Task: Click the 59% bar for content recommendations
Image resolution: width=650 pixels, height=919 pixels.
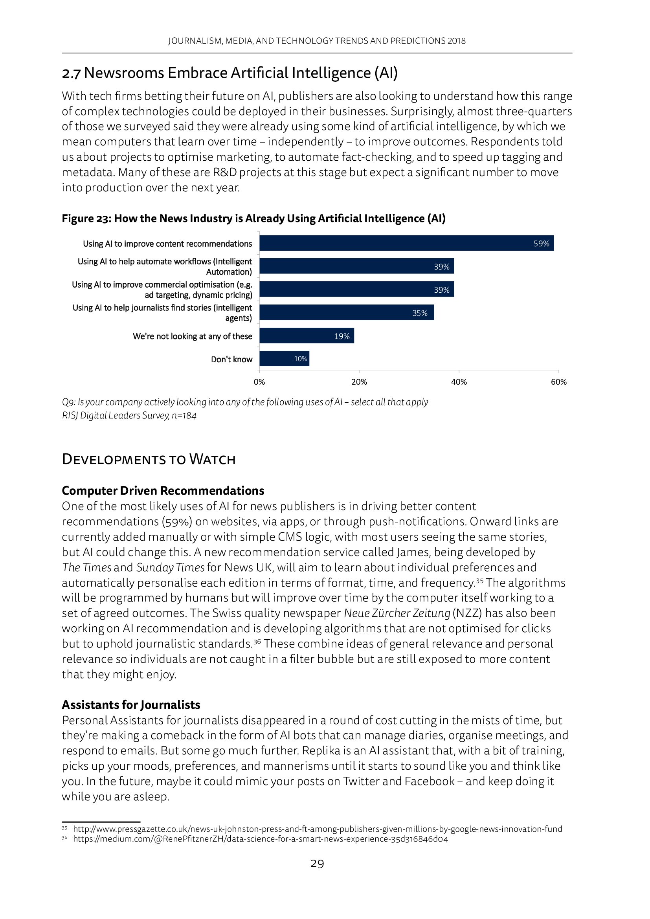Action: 406,243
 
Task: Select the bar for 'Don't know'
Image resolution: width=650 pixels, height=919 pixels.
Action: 284,359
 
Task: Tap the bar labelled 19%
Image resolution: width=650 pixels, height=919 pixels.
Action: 307,336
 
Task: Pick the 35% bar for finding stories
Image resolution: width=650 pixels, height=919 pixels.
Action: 347,312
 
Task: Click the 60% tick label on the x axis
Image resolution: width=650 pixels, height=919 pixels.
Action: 558,382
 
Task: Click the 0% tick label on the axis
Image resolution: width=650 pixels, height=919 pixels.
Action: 259,382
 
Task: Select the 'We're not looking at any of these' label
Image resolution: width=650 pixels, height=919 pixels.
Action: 193,336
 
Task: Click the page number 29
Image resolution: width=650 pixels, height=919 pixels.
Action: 317,864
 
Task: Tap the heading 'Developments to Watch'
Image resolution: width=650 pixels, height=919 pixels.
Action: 149,459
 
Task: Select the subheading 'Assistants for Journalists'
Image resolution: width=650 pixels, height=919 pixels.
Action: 131,704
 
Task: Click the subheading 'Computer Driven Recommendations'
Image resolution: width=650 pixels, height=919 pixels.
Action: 163,491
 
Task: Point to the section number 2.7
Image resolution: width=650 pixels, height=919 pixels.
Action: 71,73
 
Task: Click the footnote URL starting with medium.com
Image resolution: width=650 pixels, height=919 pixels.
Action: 261,839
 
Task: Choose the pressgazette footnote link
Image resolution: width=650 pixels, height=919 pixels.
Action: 318,829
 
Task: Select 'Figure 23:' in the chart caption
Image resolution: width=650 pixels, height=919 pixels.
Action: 86,218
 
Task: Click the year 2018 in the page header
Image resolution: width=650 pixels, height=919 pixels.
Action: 457,41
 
